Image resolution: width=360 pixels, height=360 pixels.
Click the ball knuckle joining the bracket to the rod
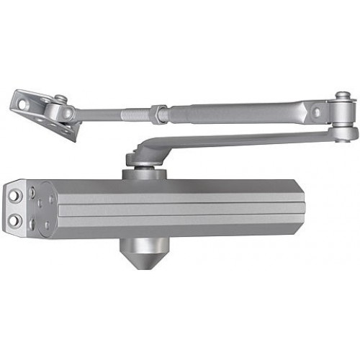[x=68, y=113]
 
